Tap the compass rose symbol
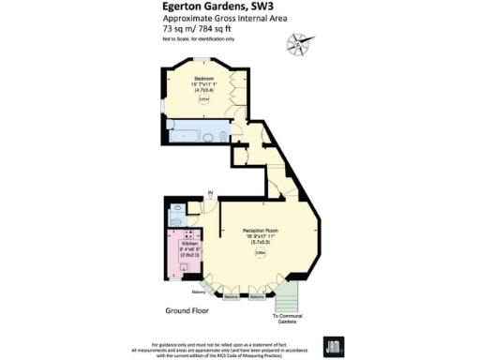click(x=298, y=41)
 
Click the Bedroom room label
click(x=204, y=78)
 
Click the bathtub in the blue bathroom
click(x=180, y=136)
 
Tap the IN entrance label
click(x=211, y=194)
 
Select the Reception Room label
click(x=261, y=231)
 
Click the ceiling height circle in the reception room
click(x=262, y=252)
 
